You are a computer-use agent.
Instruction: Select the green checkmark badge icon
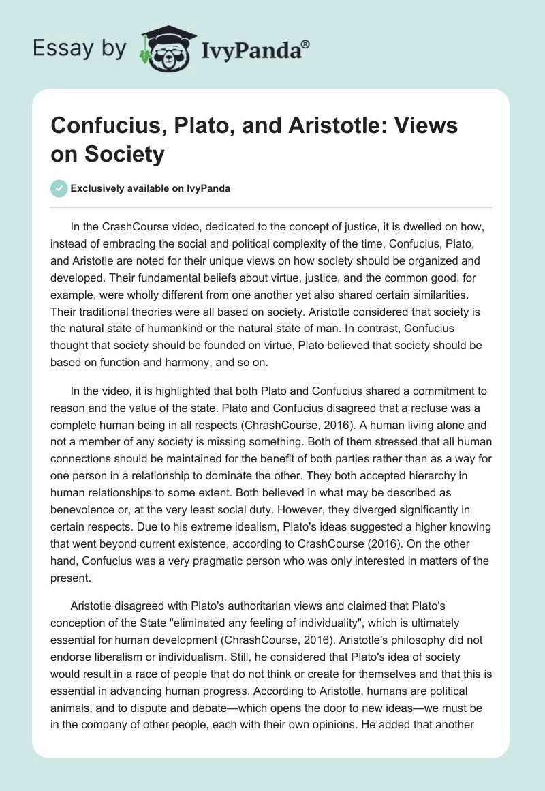59,188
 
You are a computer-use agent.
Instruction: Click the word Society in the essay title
125,155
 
